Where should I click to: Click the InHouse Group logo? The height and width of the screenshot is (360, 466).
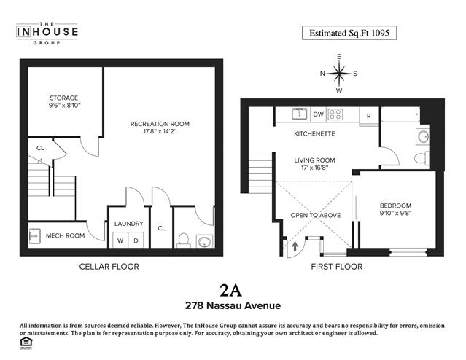click(47, 34)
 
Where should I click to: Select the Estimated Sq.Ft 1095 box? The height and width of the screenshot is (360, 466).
click(349, 33)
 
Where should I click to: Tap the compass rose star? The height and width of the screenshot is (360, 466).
click(339, 74)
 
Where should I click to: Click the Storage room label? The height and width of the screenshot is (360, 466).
click(64, 98)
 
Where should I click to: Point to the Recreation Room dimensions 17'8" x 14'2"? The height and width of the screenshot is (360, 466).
click(160, 131)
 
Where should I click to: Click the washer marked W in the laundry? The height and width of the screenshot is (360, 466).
click(120, 240)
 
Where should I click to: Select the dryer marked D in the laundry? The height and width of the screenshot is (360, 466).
click(136, 240)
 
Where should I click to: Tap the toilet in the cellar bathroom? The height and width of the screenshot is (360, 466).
click(184, 240)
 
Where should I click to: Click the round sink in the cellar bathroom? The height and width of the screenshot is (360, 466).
click(205, 241)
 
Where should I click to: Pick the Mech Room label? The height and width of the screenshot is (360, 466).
click(66, 235)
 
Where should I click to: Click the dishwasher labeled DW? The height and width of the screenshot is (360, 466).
click(318, 114)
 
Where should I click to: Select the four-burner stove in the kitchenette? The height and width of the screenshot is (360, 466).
click(335, 114)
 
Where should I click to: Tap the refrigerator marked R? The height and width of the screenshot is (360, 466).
click(369, 116)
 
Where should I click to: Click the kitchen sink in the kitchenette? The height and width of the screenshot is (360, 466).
click(300, 114)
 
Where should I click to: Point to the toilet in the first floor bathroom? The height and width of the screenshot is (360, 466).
click(422, 157)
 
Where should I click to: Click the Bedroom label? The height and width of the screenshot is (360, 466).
click(395, 206)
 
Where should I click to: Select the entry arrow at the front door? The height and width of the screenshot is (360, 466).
click(295, 246)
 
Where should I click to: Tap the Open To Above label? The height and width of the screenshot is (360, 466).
click(316, 215)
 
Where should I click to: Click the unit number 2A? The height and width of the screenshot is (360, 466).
click(230, 291)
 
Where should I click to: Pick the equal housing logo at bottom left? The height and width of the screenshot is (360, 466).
click(26, 343)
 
